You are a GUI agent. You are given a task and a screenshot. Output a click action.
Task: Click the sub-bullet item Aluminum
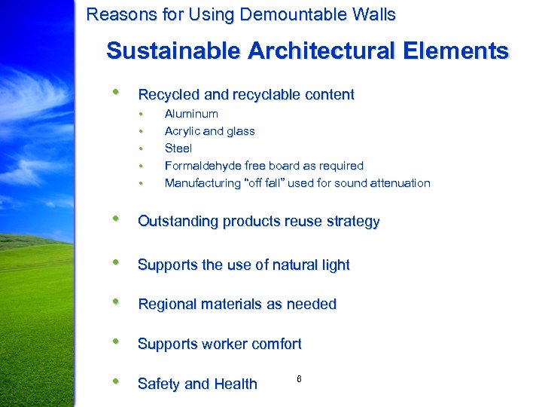click(191, 114)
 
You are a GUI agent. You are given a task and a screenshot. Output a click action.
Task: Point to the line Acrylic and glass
click(209, 131)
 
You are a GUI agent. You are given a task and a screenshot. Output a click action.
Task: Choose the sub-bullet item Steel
click(178, 148)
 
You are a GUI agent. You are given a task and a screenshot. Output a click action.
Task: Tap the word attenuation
click(397, 183)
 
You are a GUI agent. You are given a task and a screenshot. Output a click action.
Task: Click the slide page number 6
click(299, 378)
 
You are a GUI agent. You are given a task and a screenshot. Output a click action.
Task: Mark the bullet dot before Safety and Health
click(116, 381)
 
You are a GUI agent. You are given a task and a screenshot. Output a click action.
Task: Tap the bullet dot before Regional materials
click(116, 302)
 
